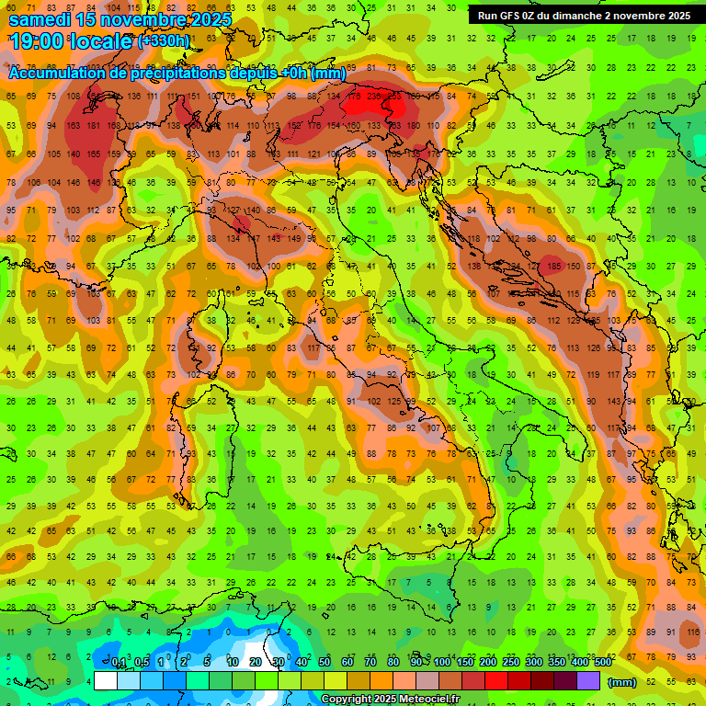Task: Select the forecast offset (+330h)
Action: pyautogui.click(x=164, y=41)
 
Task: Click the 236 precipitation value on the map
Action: pyautogui.click(x=373, y=96)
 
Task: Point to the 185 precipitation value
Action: pyautogui.click(x=553, y=266)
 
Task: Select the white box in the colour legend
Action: pyautogui.click(x=105, y=680)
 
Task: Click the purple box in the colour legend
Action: pyautogui.click(x=588, y=680)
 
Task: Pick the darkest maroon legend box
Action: pyautogui.click(x=565, y=680)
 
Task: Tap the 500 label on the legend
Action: pyautogui.click(x=602, y=662)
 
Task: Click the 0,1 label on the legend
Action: pyautogui.click(x=119, y=662)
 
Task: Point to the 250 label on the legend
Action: pyautogui.click(x=510, y=662)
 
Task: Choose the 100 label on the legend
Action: pyautogui.click(x=441, y=662)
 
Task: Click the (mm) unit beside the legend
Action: pyautogui.click(x=622, y=681)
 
